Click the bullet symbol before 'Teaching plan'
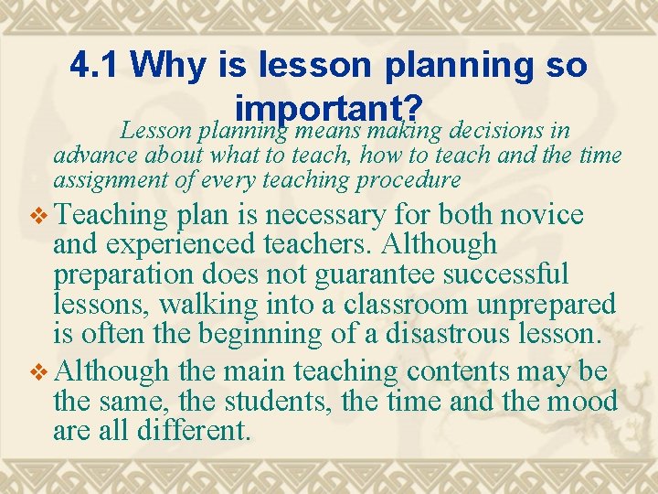click(37, 216)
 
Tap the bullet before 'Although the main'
click(37, 370)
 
